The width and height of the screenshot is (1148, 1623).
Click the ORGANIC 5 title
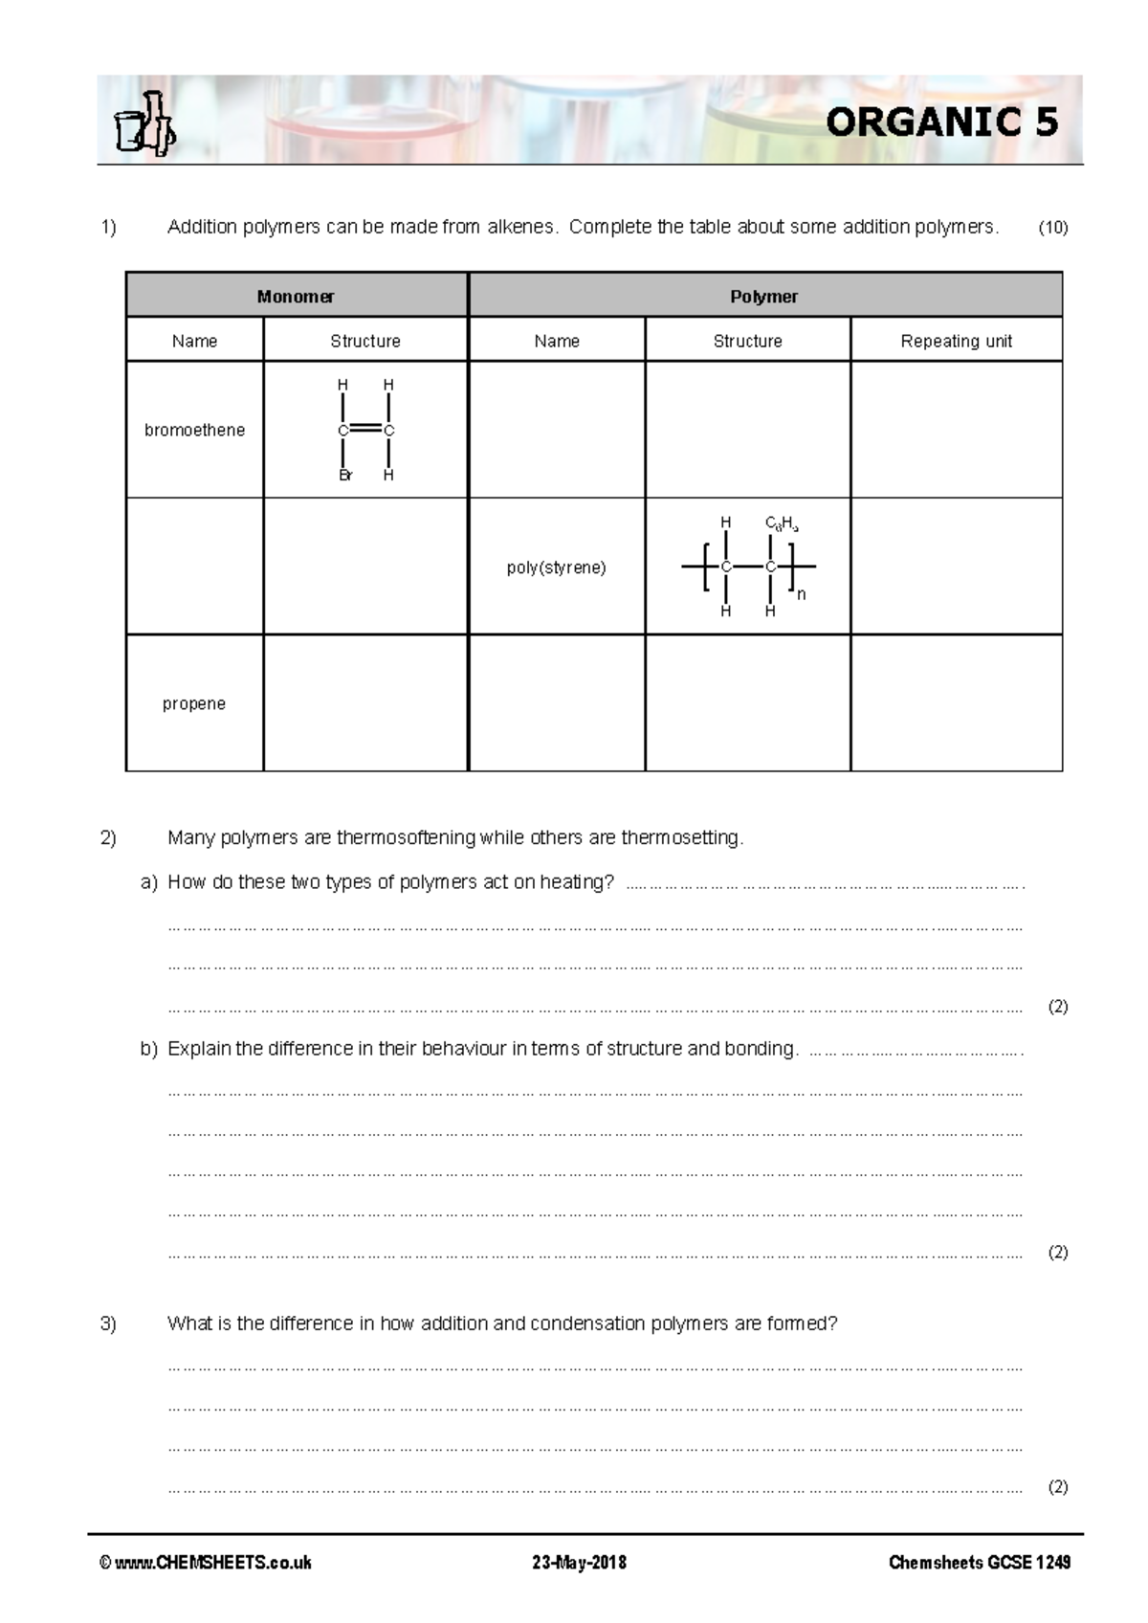pos(941,122)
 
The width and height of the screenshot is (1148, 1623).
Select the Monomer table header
pos(296,297)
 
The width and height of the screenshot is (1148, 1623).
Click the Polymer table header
pos(763,297)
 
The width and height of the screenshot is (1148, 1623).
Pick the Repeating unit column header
pos(956,341)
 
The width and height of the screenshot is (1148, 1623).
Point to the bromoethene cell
pos(194,430)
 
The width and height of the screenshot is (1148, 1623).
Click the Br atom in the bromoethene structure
pos(345,475)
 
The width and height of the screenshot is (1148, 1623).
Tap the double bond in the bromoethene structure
pos(365,431)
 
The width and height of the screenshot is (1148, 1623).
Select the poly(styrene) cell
pos(556,567)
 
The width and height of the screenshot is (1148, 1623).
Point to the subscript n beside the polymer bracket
pos(802,594)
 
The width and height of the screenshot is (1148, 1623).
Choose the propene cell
pos(194,703)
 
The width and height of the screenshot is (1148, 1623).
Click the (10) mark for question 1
pos(1053,228)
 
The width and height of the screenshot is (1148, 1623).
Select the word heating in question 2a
pos(577,882)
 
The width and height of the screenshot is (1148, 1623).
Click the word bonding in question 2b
pos(761,1049)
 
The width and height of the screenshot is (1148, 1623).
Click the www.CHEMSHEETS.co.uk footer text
pos(207,1563)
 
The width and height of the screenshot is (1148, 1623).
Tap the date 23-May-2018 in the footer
pos(579,1563)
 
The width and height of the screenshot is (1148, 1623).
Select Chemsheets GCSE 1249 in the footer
pos(980,1563)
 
